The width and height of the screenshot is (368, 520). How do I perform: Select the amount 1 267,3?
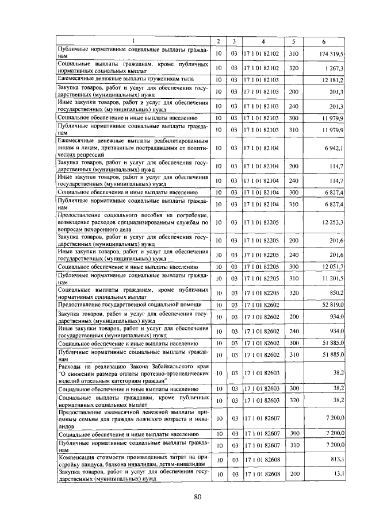click(x=333, y=67)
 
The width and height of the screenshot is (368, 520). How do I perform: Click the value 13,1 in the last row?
click(x=338, y=474)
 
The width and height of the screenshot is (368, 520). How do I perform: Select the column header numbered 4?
click(x=262, y=41)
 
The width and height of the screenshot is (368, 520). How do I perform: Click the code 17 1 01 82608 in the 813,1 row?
click(x=262, y=460)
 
